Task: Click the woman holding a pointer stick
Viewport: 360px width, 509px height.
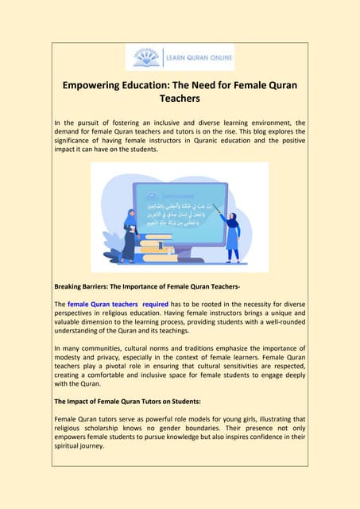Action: [x=232, y=231]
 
